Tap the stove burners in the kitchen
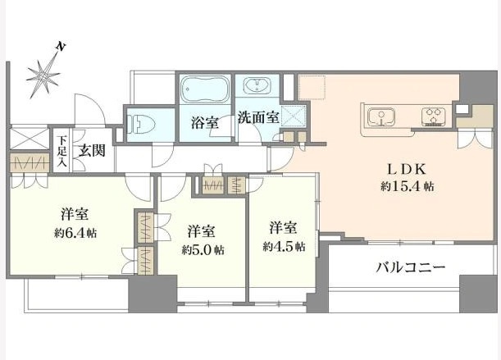click(x=434, y=116)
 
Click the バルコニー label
click(x=411, y=267)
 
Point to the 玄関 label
click(x=91, y=150)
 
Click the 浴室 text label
click(x=204, y=123)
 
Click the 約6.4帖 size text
click(x=75, y=232)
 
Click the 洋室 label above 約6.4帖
click(x=75, y=215)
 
